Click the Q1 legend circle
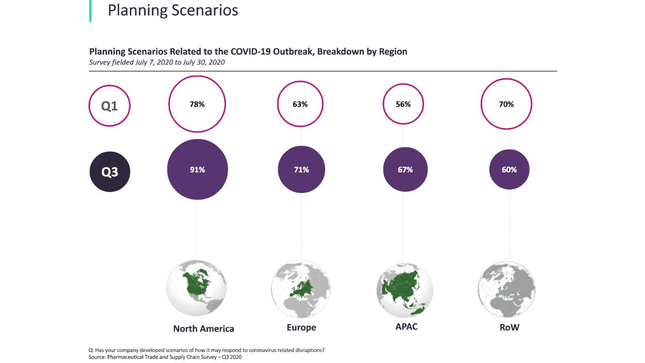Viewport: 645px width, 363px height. click(109, 106)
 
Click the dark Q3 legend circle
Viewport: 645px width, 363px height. click(110, 171)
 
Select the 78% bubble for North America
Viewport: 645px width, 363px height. click(197, 104)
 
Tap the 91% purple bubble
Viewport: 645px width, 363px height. click(197, 169)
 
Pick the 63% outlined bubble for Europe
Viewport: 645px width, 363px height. click(300, 104)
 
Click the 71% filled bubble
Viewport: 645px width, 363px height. click(301, 169)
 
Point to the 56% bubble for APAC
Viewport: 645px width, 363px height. click(404, 104)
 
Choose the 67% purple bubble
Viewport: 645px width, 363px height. click(405, 169)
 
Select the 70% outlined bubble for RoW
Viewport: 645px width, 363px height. click(506, 104)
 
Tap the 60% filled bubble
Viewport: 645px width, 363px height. click(509, 169)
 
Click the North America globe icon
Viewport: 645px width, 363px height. click(197, 288)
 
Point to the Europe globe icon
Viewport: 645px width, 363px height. click(301, 289)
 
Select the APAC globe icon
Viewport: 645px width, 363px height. click(405, 289)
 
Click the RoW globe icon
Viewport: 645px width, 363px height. click(506, 289)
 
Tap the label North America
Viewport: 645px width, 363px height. click(204, 329)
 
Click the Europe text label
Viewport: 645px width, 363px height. click(301, 328)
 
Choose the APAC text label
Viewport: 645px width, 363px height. click(406, 327)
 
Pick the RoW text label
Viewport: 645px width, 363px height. click(509, 328)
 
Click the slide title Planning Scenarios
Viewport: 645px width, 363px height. click(173, 10)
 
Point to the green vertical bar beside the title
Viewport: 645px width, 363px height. click(90, 11)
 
